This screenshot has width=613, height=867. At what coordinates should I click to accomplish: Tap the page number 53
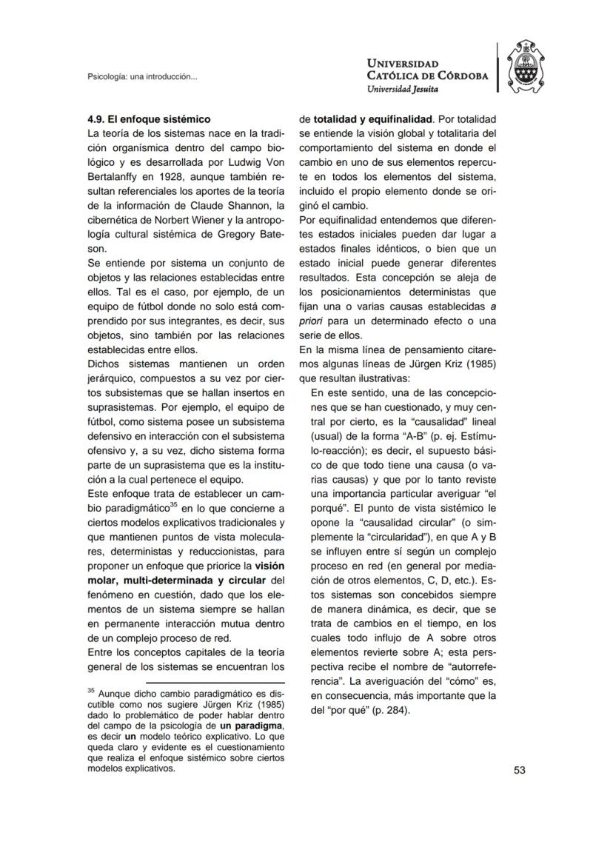pos(519,770)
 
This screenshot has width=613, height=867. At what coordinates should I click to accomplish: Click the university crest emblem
pos(530,67)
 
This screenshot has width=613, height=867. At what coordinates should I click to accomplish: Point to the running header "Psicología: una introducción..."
pos(141,76)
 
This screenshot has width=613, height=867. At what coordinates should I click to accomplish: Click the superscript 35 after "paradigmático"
pos(175,504)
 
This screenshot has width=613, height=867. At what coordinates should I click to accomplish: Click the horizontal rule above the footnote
pos(215,683)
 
